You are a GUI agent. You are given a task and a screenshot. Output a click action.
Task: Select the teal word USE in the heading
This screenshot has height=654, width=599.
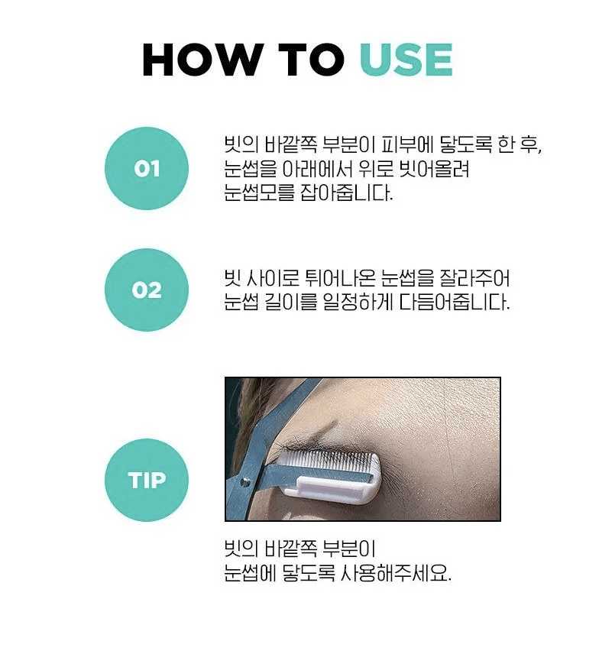click(x=406, y=60)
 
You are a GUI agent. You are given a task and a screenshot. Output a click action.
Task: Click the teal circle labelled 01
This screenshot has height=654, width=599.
click(x=147, y=168)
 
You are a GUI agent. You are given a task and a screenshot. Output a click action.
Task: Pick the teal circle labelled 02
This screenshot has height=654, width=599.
click(x=147, y=290)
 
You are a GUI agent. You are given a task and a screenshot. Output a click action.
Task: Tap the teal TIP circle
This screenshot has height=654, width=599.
click(x=147, y=480)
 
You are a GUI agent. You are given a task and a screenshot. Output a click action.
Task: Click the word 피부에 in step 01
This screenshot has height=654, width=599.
click(x=403, y=145)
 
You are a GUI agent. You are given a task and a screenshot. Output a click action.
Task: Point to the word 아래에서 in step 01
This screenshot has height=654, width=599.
click(x=318, y=169)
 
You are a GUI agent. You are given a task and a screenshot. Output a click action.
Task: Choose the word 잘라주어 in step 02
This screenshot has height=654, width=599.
click(x=474, y=278)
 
